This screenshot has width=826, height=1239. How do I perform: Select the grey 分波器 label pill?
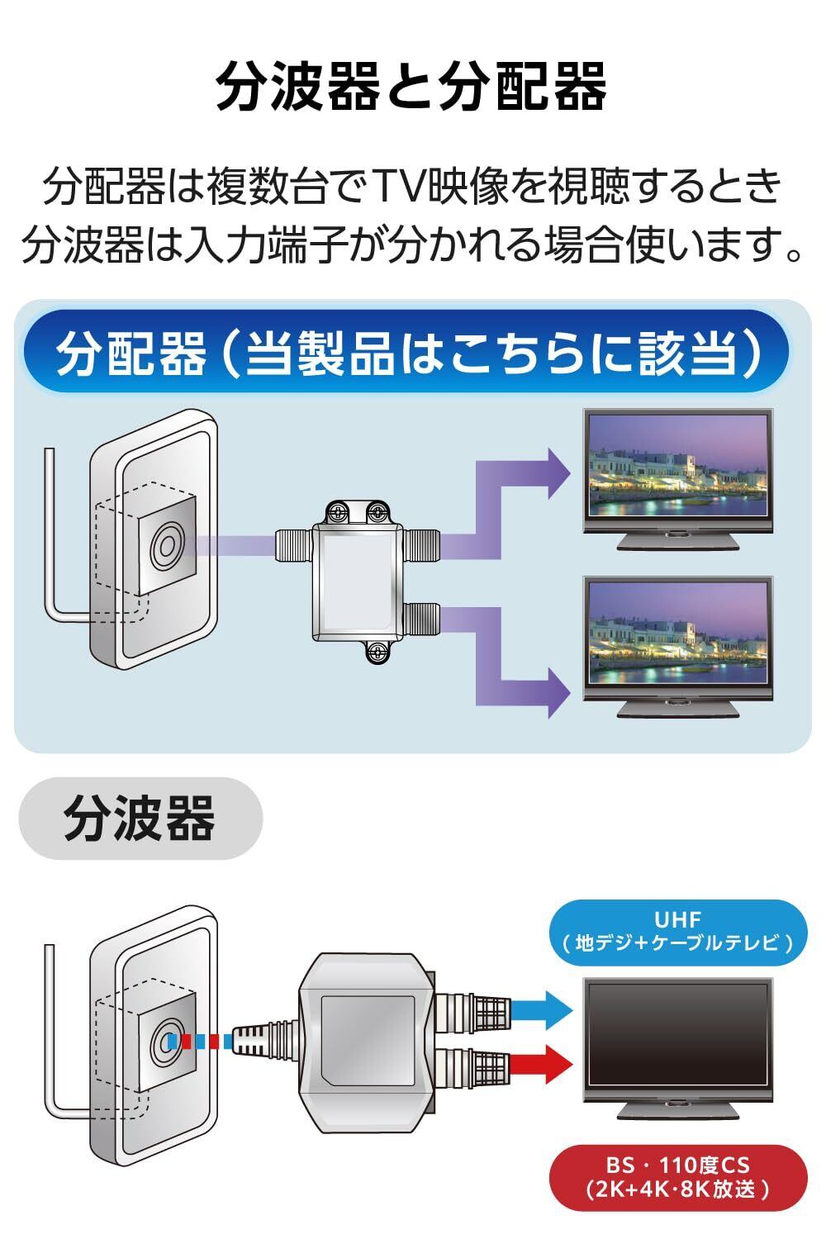pos(140,818)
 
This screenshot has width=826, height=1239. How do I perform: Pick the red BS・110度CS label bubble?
pos(678,1177)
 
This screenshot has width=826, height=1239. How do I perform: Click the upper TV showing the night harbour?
pos(677,475)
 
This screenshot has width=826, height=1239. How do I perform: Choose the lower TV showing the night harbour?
pos(677,640)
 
